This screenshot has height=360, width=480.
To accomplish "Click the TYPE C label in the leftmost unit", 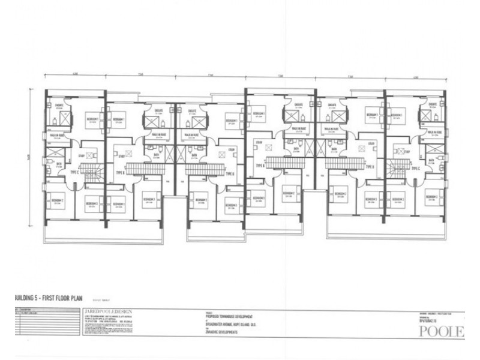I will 74,171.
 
